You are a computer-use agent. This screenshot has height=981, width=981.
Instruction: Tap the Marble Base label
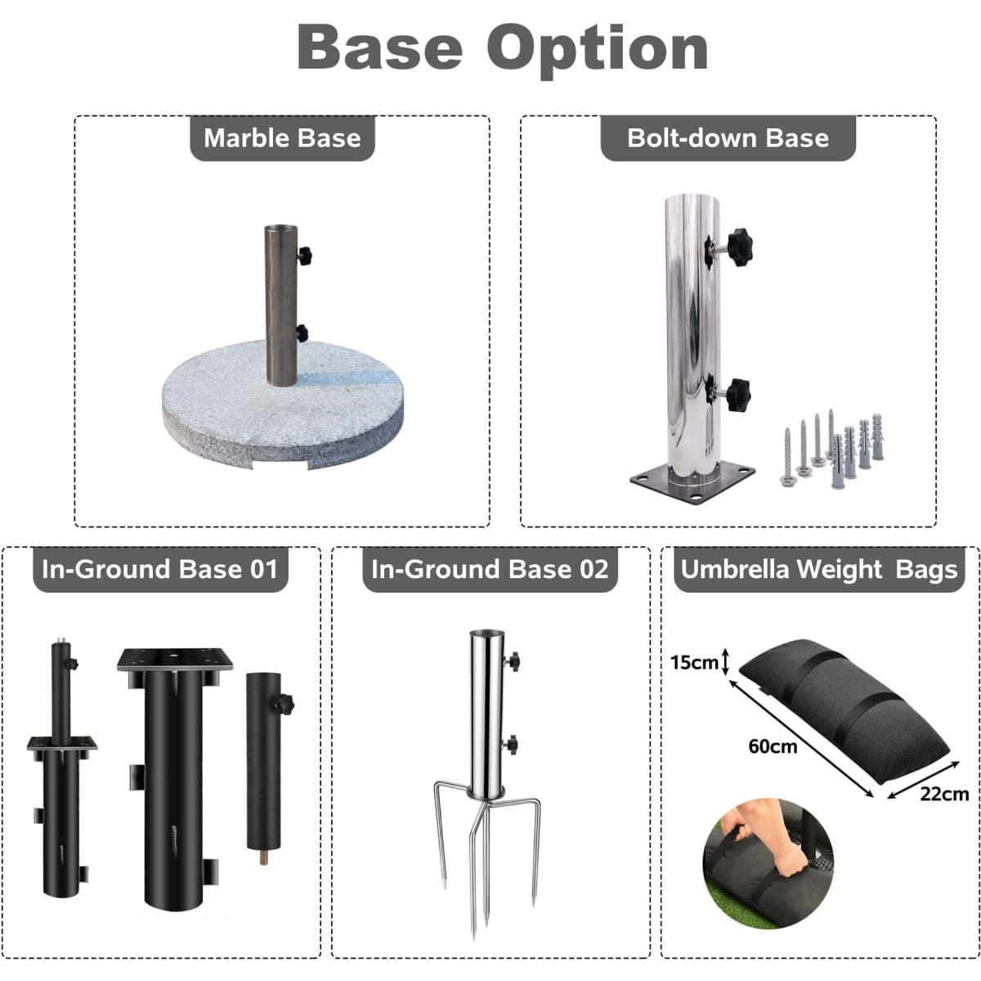282,138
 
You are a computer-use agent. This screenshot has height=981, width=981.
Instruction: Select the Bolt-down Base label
728,138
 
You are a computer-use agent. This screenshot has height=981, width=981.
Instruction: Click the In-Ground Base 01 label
160,569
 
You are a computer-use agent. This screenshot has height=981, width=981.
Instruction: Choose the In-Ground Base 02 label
490,569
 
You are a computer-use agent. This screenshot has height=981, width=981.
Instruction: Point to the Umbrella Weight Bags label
819,569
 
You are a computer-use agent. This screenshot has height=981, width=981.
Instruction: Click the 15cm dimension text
694,662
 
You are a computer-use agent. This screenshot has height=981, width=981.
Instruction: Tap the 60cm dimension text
773,747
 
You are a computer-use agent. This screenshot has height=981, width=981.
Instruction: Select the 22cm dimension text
944,794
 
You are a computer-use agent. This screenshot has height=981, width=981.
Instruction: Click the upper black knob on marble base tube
305,256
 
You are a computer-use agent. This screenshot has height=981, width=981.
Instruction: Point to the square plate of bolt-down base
692,481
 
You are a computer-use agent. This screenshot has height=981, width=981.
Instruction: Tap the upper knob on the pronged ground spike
513,661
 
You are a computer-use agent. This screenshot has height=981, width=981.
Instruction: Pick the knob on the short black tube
284,704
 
